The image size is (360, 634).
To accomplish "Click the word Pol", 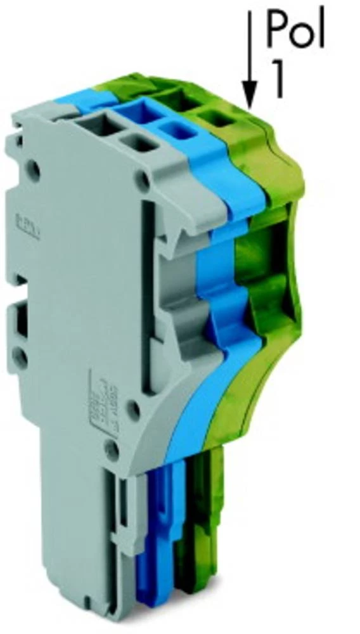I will tap(295, 29).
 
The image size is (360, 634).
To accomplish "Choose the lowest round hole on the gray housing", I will tap(112, 451).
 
